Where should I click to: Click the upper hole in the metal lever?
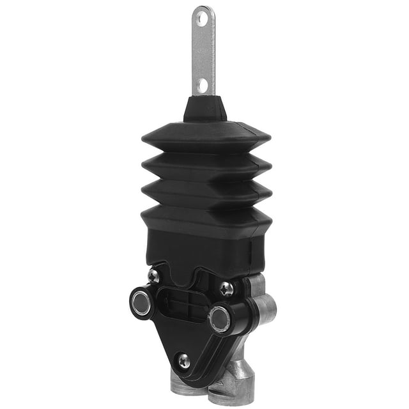tap(203, 19)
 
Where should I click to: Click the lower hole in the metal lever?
tap(203, 84)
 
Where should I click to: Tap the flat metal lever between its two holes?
tap(203, 51)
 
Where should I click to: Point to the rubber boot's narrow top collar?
tap(204, 109)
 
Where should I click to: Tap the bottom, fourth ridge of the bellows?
tap(206, 217)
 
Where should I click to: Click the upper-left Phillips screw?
tap(153, 275)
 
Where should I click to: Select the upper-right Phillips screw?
tap(226, 288)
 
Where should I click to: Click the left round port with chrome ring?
tap(141, 302)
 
